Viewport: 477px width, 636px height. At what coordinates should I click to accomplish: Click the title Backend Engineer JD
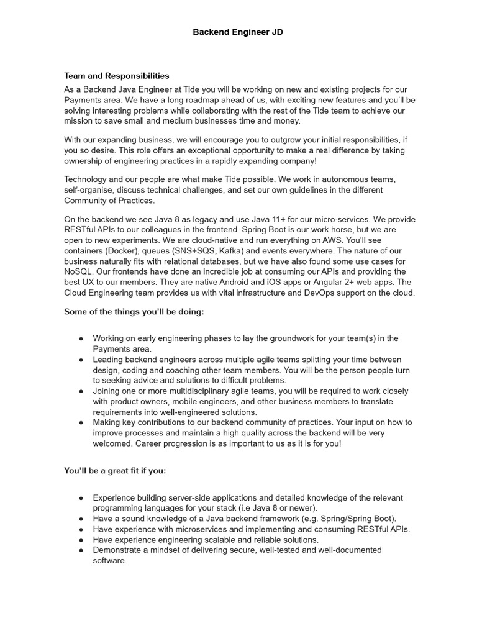(x=238, y=32)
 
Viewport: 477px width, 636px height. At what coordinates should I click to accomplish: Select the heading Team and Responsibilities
(x=117, y=76)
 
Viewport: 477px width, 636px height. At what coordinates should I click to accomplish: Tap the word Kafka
(x=213, y=251)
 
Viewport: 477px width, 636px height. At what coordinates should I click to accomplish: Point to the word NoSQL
(x=79, y=271)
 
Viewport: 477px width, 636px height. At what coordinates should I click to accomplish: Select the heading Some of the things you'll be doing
(x=134, y=312)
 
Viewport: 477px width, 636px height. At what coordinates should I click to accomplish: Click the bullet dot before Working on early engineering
(x=81, y=338)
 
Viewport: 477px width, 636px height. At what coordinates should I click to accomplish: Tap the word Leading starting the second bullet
(x=109, y=360)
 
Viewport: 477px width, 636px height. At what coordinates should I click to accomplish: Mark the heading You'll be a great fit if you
(x=115, y=471)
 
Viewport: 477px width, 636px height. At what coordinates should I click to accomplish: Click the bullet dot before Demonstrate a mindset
(x=81, y=550)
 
